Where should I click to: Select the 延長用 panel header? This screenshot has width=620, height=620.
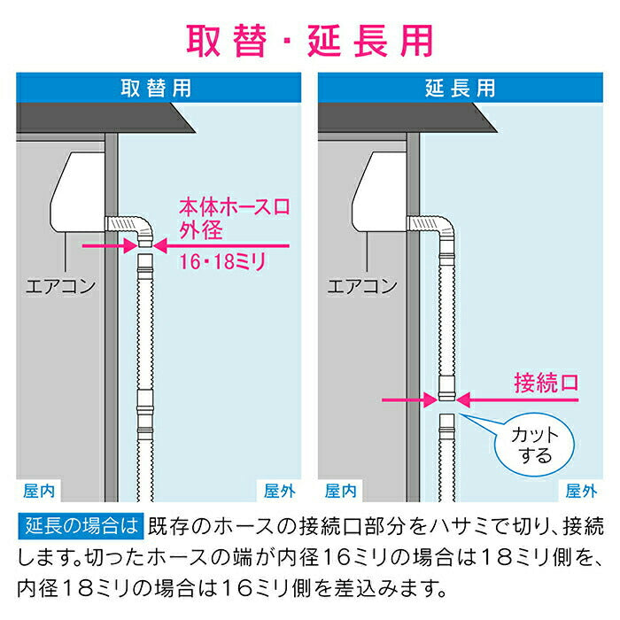pos(461,88)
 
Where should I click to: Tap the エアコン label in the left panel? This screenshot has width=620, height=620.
pos(60,286)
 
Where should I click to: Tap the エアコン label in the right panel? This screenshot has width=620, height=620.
pos(362,286)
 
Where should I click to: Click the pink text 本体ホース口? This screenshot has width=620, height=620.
pos(236,208)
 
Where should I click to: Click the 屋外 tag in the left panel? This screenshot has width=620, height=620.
pos(280,490)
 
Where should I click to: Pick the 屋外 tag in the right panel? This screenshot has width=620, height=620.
pos(582,490)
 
